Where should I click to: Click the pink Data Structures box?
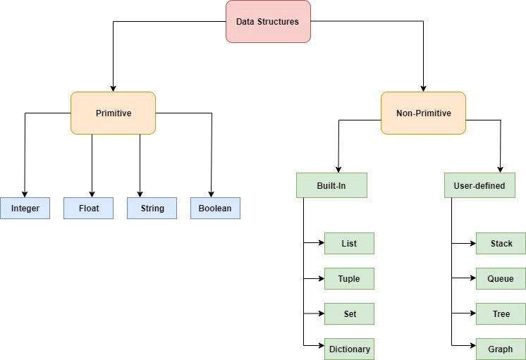pos(268,22)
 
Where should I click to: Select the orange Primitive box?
pos(113,113)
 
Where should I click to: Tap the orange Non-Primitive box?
pos(423,113)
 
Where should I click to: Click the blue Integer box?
pos(25,208)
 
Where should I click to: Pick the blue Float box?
pos(88,208)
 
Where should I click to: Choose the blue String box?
pos(152,208)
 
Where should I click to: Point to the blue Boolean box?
pos(215,208)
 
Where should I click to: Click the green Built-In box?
pos(331,185)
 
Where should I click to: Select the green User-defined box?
pos(479,185)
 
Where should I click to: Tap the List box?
pos(349,243)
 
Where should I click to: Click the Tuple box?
pos(349,278)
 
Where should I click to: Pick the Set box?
pos(349,314)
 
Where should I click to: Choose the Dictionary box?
pos(349,348)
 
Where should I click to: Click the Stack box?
pos(501,243)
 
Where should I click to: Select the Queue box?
pos(501,278)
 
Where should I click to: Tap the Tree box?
pos(501,314)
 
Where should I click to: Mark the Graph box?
pos(501,348)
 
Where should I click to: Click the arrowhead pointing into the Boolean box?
pos(212,194)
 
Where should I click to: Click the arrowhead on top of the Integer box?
pos(25,194)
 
